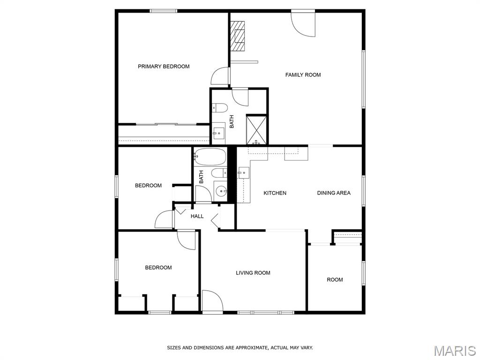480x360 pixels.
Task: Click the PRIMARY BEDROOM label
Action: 164,67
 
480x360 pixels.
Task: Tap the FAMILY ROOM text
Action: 303,75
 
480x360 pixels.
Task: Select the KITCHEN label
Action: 275,193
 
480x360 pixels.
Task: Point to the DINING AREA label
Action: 334,193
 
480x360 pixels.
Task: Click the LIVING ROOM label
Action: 253,273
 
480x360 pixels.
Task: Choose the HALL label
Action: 197,216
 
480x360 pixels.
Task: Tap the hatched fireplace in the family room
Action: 238,36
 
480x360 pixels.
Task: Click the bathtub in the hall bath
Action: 210,157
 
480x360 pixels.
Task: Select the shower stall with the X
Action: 256,129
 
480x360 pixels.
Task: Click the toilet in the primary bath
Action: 220,108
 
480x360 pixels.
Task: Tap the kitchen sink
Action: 244,173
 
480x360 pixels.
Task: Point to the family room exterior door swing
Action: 303,24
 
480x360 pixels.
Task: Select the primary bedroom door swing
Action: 220,76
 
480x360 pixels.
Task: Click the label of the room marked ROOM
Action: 335,279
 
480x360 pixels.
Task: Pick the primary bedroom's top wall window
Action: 164,11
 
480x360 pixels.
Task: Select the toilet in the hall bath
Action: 219,173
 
